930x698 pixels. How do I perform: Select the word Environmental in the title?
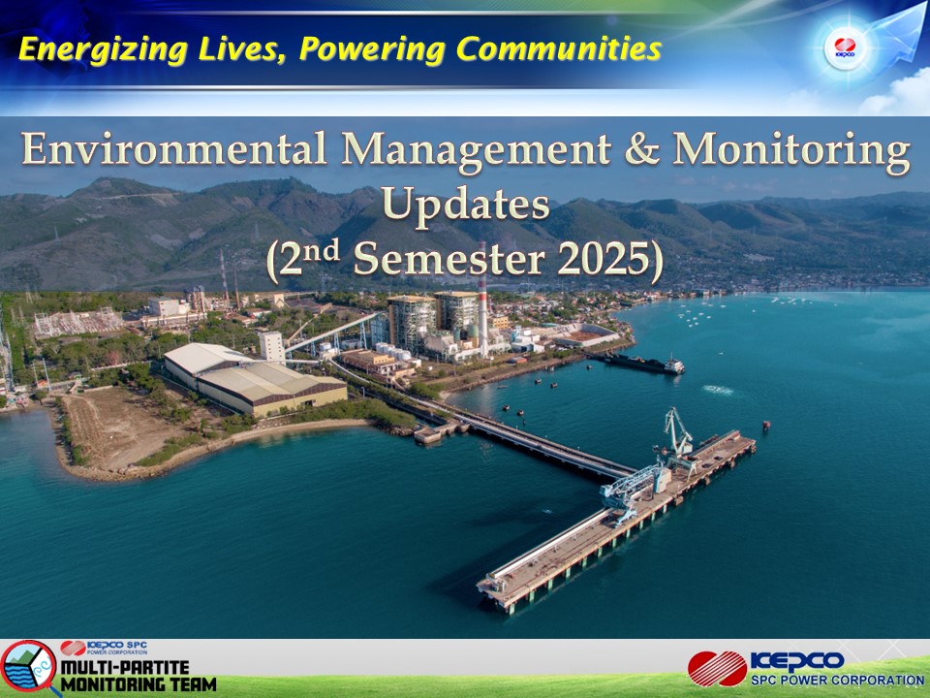tap(174, 148)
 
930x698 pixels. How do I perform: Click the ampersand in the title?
tap(641, 148)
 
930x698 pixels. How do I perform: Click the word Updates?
tap(466, 206)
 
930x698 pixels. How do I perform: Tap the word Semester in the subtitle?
tap(449, 260)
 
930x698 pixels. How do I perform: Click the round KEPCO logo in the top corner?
tap(845, 48)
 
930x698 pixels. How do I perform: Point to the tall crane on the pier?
tap(678, 432)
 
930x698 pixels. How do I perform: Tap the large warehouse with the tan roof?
tap(255, 379)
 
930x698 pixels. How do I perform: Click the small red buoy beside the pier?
tap(765, 425)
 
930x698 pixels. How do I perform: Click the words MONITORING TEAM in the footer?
tap(139, 684)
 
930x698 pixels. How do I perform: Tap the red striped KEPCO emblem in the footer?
tap(718, 668)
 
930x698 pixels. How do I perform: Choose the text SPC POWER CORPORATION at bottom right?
tap(838, 681)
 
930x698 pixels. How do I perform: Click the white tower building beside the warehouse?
tap(272, 347)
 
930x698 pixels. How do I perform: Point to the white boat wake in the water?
tap(718, 390)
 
